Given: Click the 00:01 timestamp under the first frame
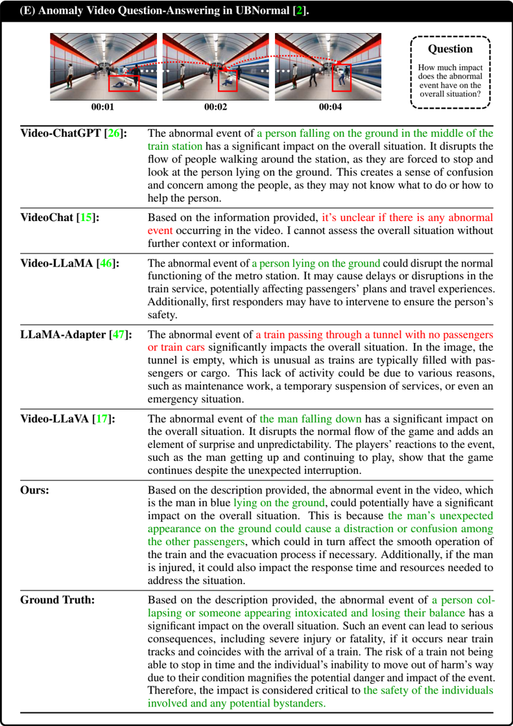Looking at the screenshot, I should pos(103,107).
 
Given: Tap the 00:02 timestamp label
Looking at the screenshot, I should pos(215,107).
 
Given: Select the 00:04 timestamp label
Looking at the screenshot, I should pos(328,107).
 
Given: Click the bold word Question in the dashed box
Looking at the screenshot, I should pos(451,49).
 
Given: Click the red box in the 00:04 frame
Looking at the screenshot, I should pos(341,78).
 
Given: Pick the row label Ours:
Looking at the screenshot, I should pos(35,490).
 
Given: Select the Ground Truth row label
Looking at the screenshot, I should pos(57,600).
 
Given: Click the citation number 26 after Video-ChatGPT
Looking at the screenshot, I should pos(114,134).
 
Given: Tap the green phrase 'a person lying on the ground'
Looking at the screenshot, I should pos(316,263).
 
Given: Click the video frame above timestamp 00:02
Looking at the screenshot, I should pos(216,66).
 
